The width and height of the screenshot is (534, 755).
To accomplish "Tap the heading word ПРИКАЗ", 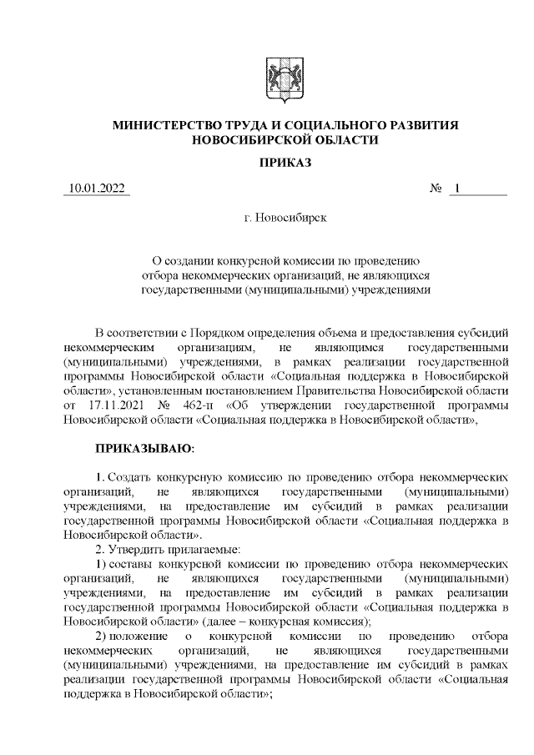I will point(285,163).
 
